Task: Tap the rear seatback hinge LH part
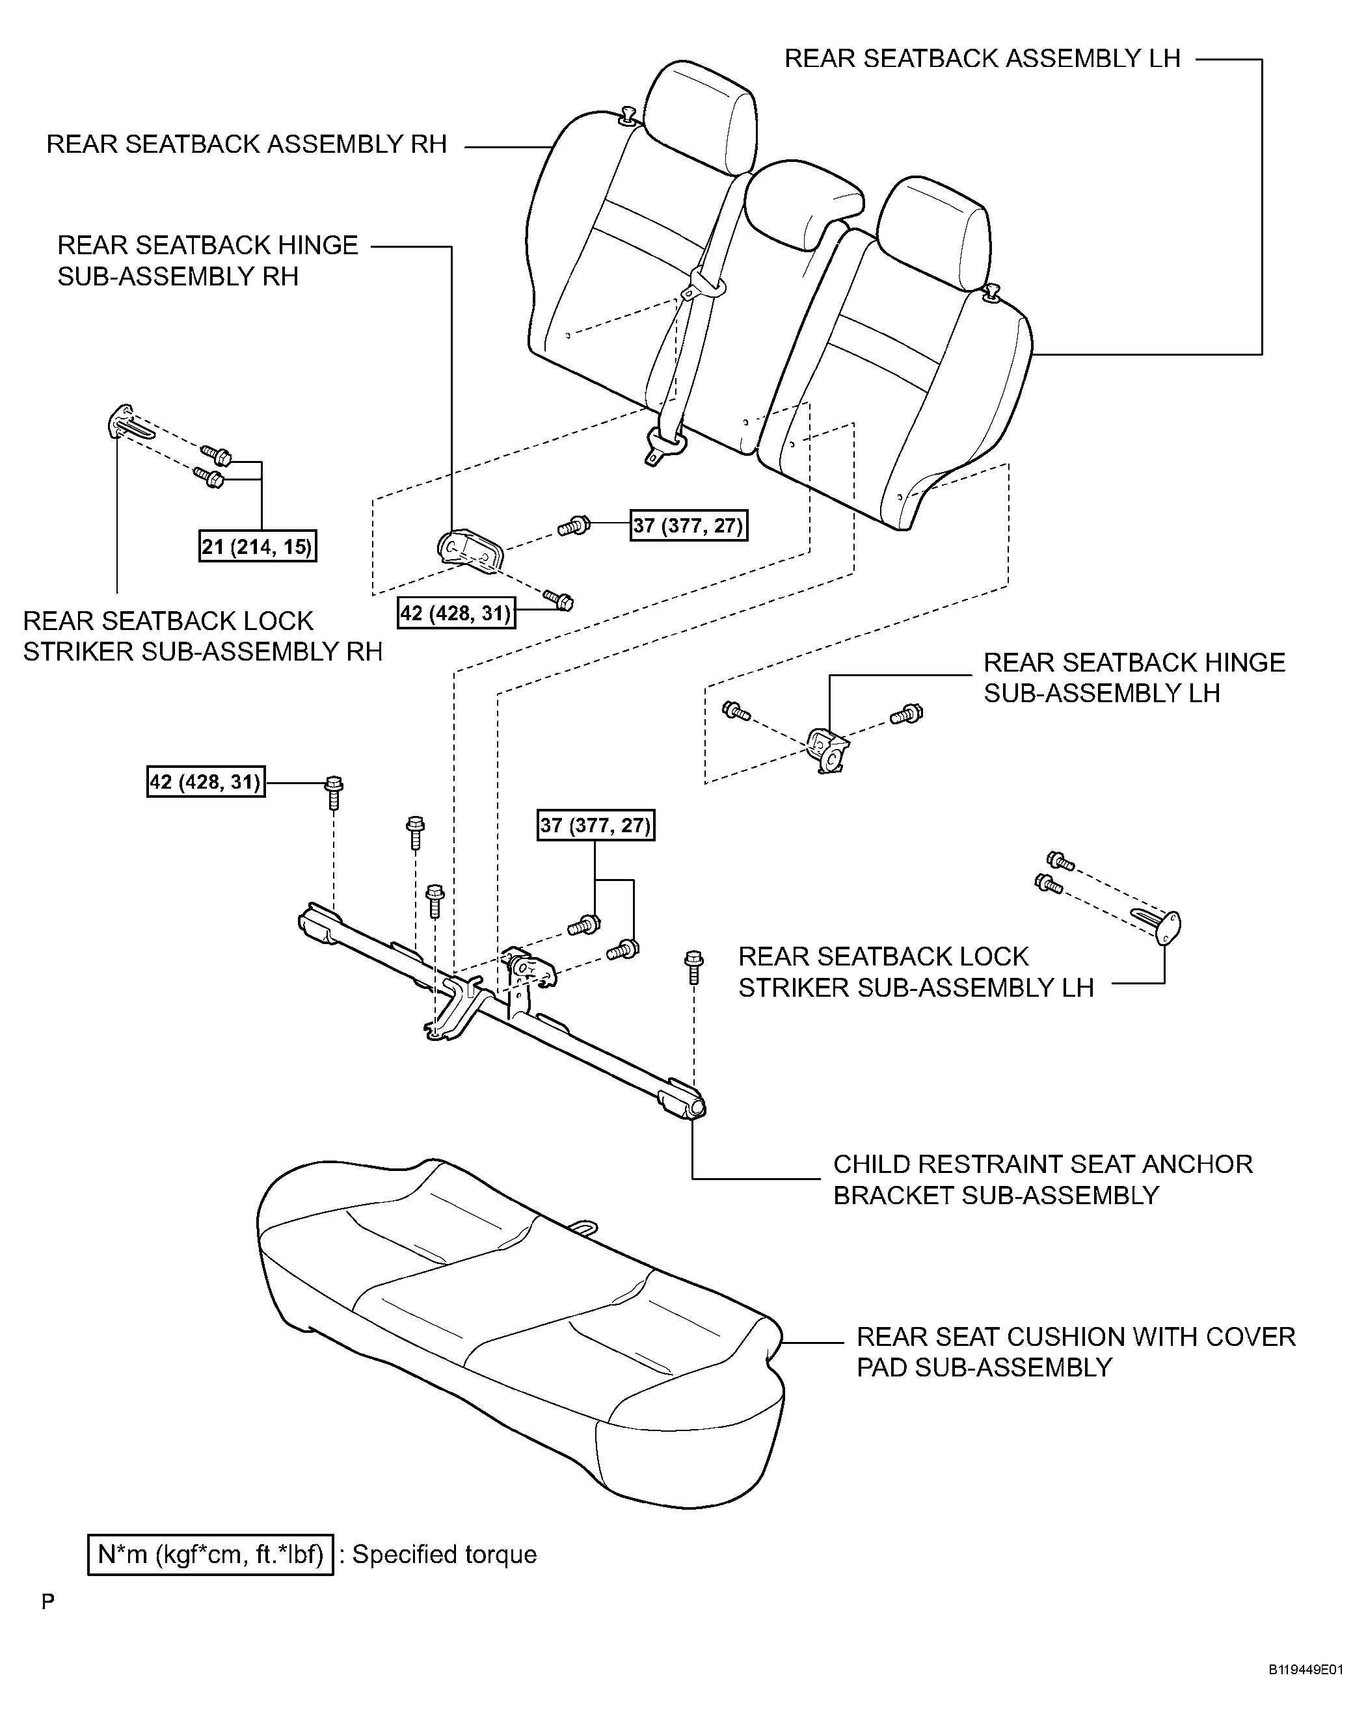tap(828, 750)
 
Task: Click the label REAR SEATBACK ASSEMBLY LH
tap(982, 59)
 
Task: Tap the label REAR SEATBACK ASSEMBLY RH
tap(246, 144)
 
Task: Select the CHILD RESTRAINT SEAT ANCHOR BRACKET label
tap(1042, 1179)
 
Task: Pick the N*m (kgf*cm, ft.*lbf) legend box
tap(210, 1555)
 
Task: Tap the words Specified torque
tap(444, 1555)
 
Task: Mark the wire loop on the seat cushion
tap(583, 1228)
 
